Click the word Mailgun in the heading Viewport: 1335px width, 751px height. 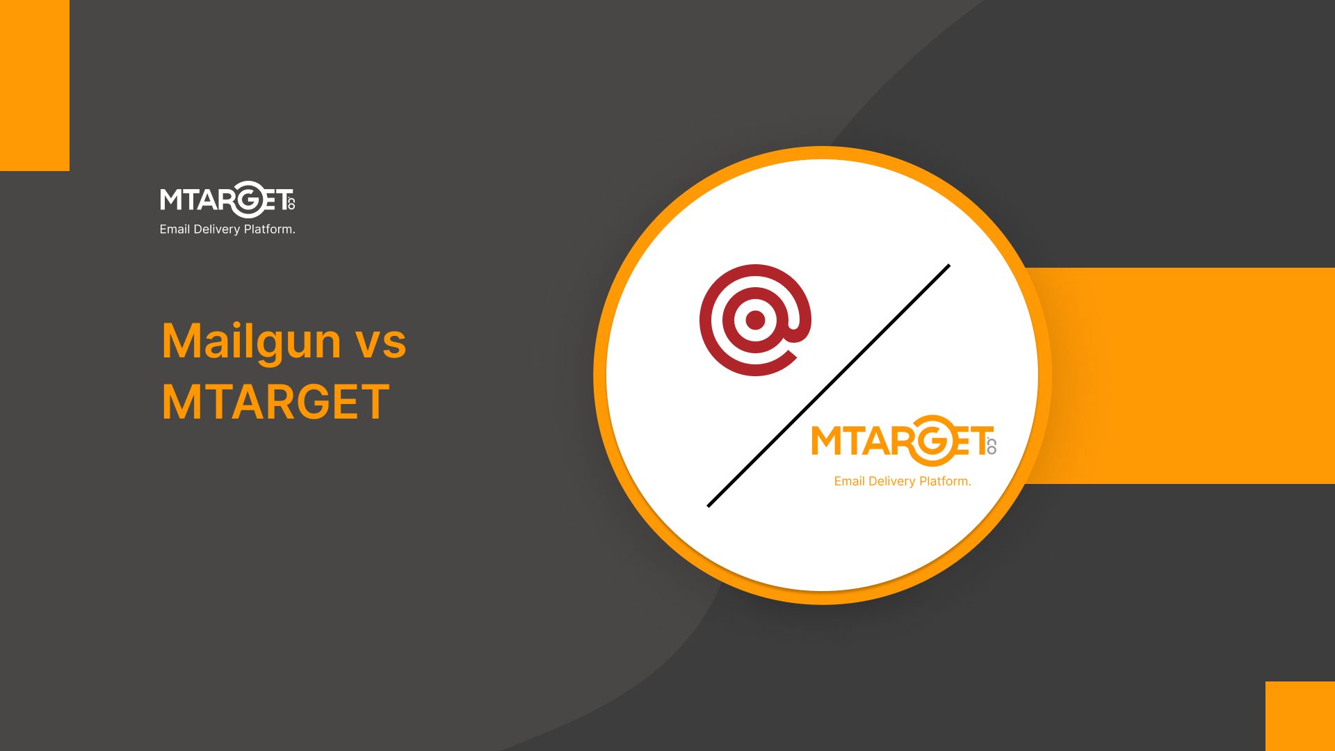pos(251,341)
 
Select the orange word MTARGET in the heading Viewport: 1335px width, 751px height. pos(275,402)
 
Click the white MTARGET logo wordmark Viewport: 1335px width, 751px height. pos(227,200)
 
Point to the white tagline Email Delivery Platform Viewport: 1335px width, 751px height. pos(227,229)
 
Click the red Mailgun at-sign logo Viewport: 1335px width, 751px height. pos(755,320)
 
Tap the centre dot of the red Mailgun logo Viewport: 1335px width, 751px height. pos(755,320)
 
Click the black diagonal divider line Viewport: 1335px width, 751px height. pos(828,386)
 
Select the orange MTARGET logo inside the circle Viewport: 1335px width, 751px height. pos(904,441)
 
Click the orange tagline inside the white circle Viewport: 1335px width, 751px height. pos(903,481)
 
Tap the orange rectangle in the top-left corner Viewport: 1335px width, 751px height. pos(35,85)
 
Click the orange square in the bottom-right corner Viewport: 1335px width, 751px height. pos(1300,716)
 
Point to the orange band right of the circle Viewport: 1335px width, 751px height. pos(1182,375)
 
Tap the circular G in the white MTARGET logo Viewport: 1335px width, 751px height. pos(247,200)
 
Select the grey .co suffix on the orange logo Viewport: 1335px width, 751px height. pos(992,446)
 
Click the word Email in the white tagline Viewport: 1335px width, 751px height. pos(175,229)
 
